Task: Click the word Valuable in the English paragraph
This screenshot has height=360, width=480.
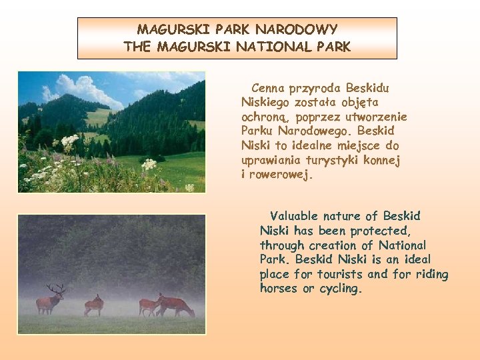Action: click(294, 216)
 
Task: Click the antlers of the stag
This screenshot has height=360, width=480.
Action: click(56, 288)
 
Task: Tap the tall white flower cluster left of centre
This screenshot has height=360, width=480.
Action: click(69, 141)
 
